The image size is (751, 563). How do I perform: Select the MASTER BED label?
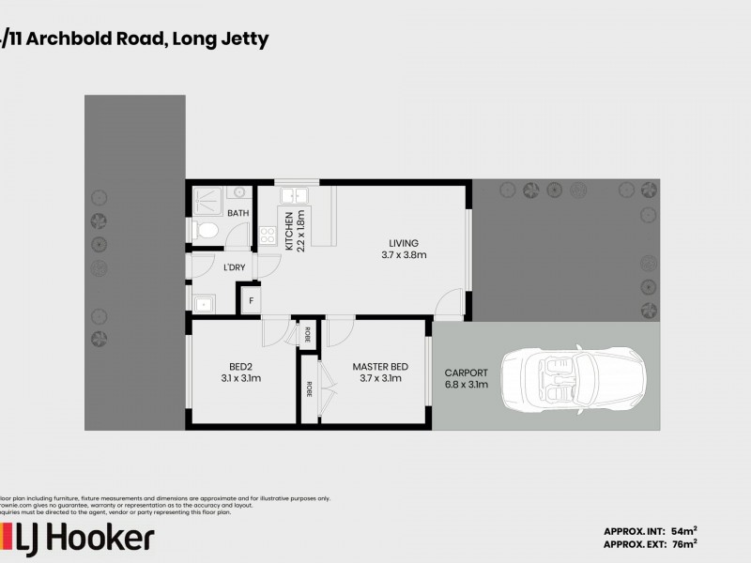tap(379, 373)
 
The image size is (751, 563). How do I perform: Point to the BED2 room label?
tap(241, 373)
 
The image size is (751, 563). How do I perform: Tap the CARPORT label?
tap(466, 378)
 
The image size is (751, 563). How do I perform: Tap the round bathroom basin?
tap(239, 192)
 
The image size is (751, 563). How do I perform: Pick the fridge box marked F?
tap(250, 300)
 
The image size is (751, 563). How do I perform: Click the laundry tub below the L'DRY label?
tap(203, 302)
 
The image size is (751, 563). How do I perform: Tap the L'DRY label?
tap(235, 268)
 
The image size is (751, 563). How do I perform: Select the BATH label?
tap(238, 214)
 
